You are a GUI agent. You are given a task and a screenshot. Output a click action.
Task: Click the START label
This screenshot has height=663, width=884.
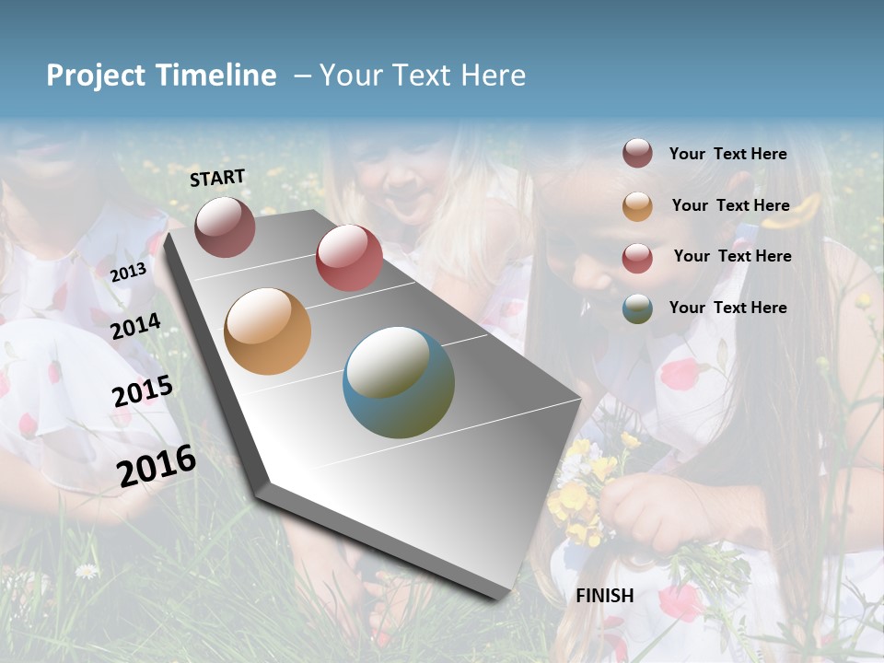217,178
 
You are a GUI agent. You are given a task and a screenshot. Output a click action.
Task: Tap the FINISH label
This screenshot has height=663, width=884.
605,596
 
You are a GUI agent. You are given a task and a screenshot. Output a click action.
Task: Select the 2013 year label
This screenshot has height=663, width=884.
128,272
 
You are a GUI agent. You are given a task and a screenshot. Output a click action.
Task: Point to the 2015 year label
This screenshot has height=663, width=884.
143,391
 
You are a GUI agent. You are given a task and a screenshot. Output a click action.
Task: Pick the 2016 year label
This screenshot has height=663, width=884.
157,466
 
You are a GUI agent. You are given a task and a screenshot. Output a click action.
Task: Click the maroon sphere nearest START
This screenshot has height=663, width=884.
225,227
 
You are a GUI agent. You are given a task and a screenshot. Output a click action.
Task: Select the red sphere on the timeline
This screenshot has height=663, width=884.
349,257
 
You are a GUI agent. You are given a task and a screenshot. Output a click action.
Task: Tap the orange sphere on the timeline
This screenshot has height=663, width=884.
268,331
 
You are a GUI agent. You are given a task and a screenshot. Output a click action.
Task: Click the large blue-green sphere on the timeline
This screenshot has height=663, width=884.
399,382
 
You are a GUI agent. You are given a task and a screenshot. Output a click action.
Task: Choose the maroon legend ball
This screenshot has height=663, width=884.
637,154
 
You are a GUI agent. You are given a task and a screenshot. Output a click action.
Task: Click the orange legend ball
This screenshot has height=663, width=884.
637,206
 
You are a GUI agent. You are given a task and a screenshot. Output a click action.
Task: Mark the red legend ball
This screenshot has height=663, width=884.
637,258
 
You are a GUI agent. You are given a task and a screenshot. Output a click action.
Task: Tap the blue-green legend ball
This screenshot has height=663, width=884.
637,308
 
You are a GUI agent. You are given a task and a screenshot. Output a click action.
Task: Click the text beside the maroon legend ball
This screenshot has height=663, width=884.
727,154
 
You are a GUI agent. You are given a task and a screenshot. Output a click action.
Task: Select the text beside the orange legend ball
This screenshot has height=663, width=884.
730,205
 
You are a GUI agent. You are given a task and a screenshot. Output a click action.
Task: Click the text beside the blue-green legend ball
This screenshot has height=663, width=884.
727,308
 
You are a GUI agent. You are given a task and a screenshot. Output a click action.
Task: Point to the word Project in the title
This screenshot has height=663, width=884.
96,76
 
